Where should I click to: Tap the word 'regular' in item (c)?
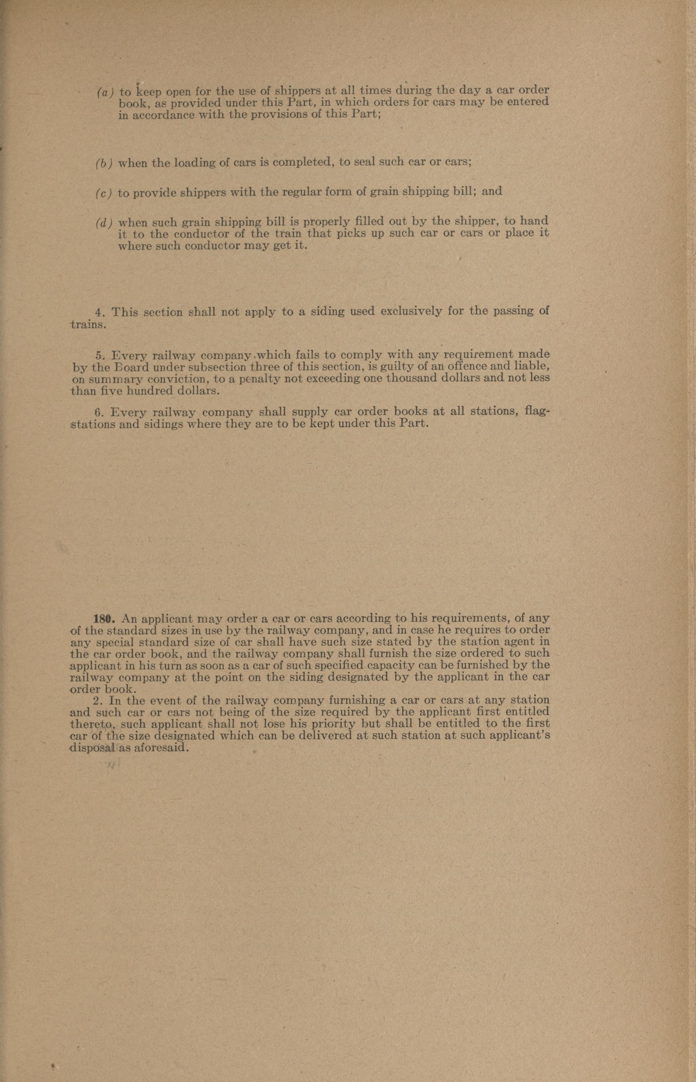click(302, 192)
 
